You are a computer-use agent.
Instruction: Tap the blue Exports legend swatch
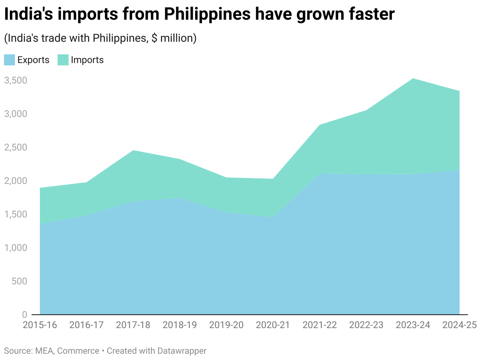point(9,60)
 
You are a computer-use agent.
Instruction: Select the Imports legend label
point(87,60)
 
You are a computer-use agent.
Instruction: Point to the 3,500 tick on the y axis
point(15,80)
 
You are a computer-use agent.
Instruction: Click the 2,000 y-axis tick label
point(15,181)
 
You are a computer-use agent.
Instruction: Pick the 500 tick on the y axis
point(19,281)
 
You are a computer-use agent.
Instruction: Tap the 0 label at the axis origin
point(24,315)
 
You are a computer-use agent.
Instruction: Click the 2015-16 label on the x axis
point(40,325)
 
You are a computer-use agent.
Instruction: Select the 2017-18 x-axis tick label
point(133,325)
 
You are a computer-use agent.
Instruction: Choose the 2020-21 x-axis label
point(273,325)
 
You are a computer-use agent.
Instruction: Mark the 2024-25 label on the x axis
point(459,325)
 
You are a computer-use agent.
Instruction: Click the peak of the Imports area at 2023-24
point(413,78)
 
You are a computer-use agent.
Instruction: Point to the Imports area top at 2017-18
point(133,150)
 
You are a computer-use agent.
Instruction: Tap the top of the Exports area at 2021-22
point(319,174)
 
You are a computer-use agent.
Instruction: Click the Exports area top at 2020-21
point(273,217)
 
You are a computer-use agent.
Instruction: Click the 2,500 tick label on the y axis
point(15,147)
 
